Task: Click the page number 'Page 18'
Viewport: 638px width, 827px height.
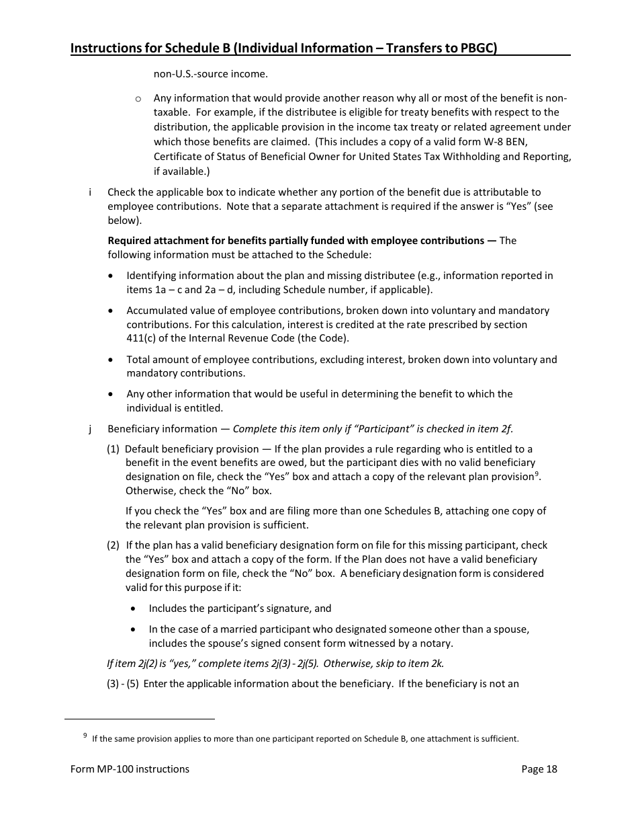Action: tap(539, 769)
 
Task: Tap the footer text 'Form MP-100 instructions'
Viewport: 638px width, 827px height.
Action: tap(130, 769)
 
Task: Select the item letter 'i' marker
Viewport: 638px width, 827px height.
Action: tap(90, 192)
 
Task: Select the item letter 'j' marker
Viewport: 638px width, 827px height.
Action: tap(90, 429)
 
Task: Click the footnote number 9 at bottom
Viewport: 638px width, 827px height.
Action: tap(85, 736)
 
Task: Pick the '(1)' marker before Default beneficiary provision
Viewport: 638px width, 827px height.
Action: tap(113, 449)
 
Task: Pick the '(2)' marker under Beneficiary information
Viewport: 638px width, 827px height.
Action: tap(113, 545)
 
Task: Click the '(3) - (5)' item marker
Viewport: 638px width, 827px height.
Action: tap(122, 684)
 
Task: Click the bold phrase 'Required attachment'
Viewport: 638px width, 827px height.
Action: tap(155, 241)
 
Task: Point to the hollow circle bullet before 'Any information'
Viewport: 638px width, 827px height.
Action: tap(138, 98)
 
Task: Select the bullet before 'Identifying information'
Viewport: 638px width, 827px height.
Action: tap(111, 276)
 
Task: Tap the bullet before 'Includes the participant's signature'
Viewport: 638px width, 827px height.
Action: tap(134, 608)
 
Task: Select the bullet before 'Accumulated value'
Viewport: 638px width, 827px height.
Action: tap(111, 311)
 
